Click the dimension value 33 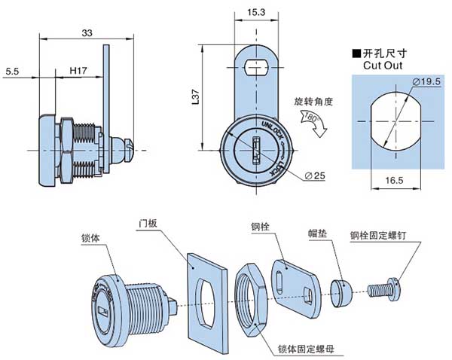(x=87, y=33)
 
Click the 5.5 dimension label (x=13, y=71)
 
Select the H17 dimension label (x=78, y=71)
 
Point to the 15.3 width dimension (x=255, y=12)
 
